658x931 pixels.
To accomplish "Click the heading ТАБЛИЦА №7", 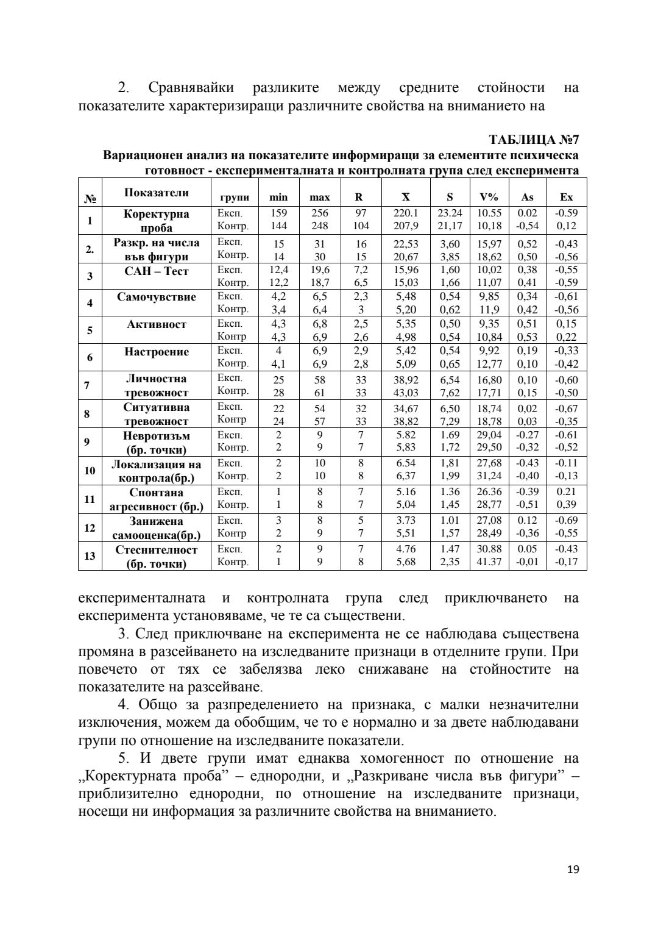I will click(534, 141).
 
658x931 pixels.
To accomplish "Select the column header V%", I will click(489, 197).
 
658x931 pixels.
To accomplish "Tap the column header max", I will click(319, 197).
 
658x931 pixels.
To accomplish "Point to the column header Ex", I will click(566, 197).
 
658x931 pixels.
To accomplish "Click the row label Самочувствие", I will click(157, 297).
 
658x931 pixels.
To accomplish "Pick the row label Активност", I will click(157, 324).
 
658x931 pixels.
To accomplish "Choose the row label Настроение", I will click(157, 352).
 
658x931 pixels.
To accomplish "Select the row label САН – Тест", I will click(157, 271).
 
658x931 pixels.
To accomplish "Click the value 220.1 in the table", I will click(406, 213).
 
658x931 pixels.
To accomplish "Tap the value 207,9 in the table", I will click(406, 226).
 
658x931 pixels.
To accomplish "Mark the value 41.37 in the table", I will click(489, 562).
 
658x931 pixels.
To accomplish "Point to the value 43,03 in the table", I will click(406, 393).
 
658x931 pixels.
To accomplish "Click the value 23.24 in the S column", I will click(450, 213).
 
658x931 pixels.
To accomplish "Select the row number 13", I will click(90, 555).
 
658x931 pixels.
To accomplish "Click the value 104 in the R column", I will click(361, 226).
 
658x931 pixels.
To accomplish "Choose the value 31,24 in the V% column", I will click(489, 476).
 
